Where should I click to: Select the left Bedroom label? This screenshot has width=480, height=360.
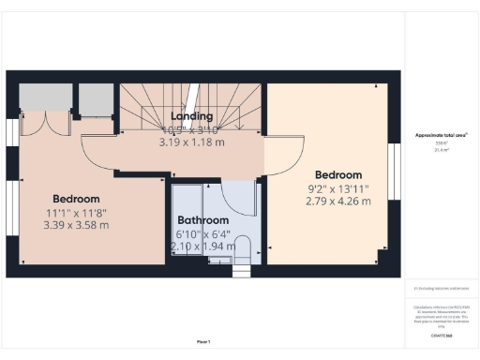(76, 199)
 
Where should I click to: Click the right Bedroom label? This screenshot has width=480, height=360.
(337, 175)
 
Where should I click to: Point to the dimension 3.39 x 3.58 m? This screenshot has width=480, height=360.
(76, 225)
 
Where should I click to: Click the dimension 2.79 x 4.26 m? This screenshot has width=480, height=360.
(337, 201)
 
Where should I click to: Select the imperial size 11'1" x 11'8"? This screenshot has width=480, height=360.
(76, 212)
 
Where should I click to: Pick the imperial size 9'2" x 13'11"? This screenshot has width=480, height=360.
(337, 188)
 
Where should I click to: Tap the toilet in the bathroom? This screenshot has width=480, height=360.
(243, 251)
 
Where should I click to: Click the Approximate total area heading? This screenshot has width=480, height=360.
(441, 135)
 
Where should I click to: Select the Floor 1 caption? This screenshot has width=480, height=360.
(203, 340)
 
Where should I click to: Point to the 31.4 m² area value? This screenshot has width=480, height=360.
(440, 149)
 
